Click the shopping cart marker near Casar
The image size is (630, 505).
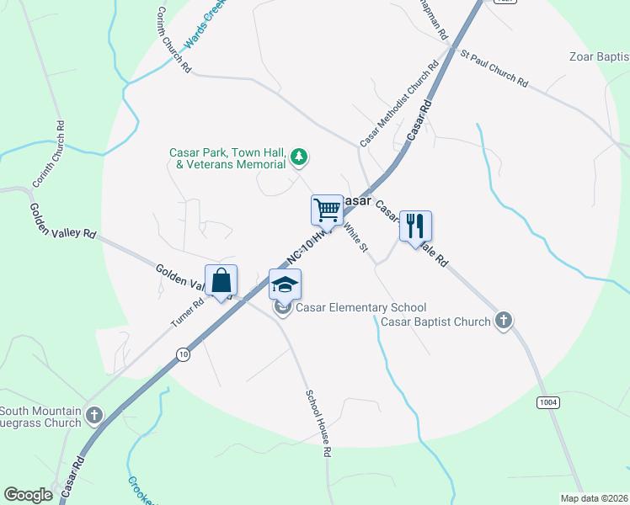(x=326, y=210)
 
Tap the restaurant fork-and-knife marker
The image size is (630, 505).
(x=414, y=226)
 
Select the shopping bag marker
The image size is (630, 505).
(x=221, y=280)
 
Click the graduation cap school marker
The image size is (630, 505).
(x=285, y=284)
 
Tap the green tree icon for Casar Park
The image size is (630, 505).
(x=298, y=157)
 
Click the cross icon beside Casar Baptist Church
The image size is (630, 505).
(x=503, y=321)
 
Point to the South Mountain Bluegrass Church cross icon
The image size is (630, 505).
(x=93, y=415)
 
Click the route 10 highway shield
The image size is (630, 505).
(x=184, y=355)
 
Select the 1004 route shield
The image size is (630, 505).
(x=547, y=402)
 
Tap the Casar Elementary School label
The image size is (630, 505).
(x=360, y=308)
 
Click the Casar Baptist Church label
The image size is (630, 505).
(x=435, y=322)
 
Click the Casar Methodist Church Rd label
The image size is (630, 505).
(x=399, y=104)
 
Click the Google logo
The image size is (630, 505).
(x=28, y=494)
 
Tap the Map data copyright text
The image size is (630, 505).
(x=593, y=498)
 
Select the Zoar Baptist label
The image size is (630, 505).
(x=599, y=57)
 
